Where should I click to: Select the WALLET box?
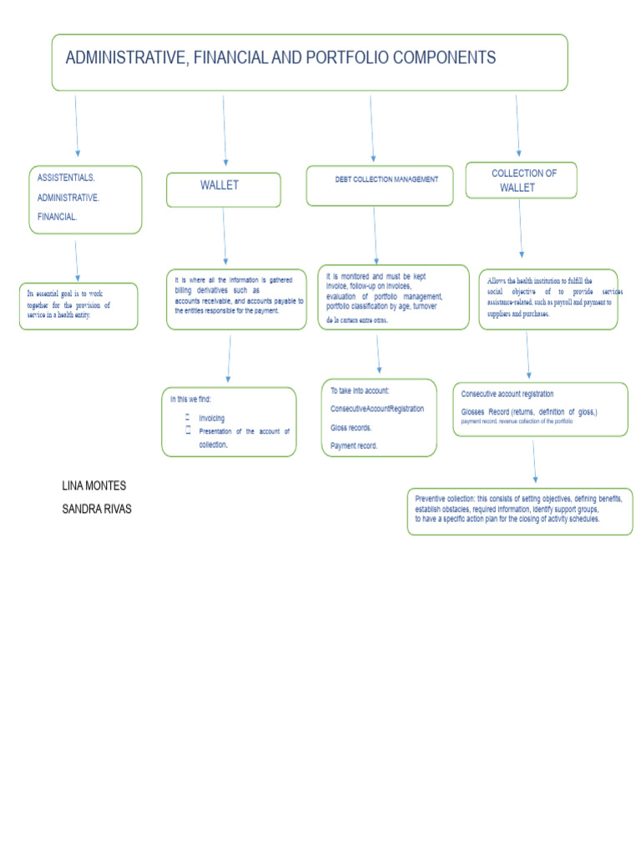click(x=223, y=189)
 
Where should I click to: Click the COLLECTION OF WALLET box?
click(x=521, y=180)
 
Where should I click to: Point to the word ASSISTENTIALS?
click(x=67, y=178)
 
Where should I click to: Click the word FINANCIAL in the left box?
click(x=58, y=216)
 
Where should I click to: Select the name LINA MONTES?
click(x=94, y=485)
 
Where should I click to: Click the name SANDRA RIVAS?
click(x=97, y=509)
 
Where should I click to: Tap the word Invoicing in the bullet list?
click(x=212, y=418)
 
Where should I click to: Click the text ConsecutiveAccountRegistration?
click(x=377, y=409)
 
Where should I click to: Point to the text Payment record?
click(x=354, y=445)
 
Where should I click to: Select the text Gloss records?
click(x=351, y=427)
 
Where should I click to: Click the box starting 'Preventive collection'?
click(x=519, y=510)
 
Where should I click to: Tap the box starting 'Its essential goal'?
click(x=78, y=305)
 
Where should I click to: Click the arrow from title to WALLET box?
click(x=224, y=129)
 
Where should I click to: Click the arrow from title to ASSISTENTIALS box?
click(x=77, y=125)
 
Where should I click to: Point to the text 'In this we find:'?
click(x=191, y=399)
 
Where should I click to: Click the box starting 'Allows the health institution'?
click(x=548, y=299)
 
